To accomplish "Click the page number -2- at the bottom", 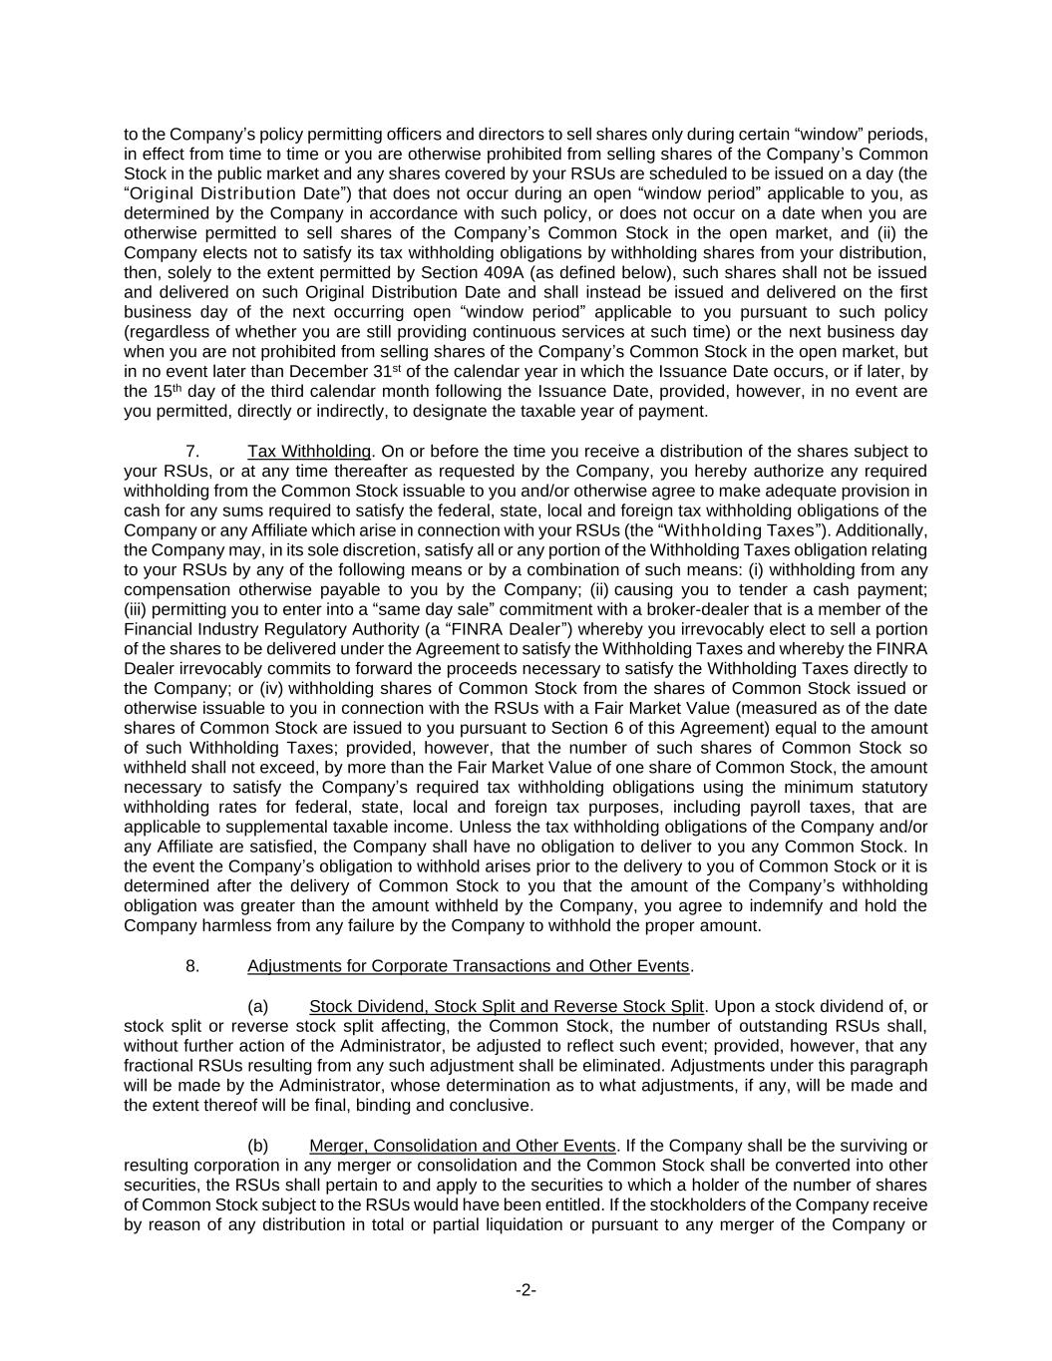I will (x=526, y=1290).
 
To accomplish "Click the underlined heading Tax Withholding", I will (x=309, y=451).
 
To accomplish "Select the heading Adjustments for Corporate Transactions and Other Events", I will (x=468, y=965).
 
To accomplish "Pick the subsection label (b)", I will (x=257, y=1145).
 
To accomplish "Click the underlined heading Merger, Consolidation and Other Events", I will (x=463, y=1145).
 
